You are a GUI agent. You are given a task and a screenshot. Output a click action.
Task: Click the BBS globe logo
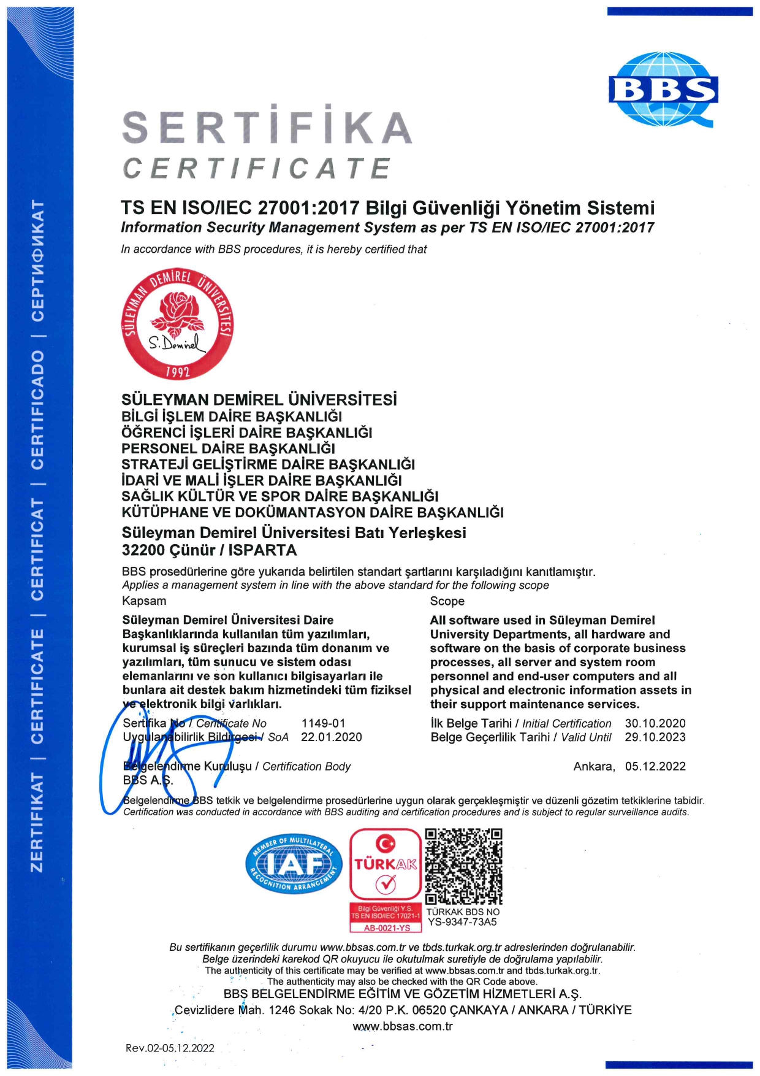663,90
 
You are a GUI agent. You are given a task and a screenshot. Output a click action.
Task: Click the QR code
463,866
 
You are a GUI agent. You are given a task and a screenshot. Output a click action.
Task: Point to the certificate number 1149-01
323,723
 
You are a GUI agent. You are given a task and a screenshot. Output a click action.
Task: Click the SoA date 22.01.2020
331,737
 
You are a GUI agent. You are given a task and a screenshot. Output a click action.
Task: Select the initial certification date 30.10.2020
655,723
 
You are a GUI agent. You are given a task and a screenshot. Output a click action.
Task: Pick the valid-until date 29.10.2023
655,737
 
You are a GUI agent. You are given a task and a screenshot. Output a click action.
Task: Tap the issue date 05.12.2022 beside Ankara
655,766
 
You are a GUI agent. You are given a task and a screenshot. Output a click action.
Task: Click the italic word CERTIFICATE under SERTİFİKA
256,168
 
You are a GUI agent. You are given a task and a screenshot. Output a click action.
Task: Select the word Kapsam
144,601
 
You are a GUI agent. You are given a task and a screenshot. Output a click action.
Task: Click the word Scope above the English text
447,601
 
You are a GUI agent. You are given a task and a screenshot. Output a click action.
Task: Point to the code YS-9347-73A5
462,922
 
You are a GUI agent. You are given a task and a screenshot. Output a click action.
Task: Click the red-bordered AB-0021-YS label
386,928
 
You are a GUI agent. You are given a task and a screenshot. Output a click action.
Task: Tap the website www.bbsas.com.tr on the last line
402,1026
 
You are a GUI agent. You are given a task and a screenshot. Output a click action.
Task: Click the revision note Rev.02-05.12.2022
170,1048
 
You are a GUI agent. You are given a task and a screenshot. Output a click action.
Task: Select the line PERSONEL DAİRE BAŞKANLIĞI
228,448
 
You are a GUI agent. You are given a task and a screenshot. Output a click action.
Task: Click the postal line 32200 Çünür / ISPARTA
209,550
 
